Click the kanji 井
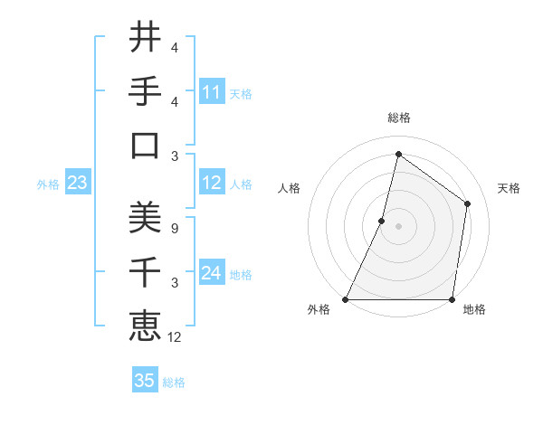(x=145, y=39)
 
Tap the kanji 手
(x=145, y=92)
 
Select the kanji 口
(x=145, y=146)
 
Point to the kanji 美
(x=145, y=217)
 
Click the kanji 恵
(x=145, y=324)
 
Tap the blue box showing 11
(x=212, y=92)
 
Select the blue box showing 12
(x=212, y=184)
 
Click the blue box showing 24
(x=212, y=273)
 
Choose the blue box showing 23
(x=77, y=184)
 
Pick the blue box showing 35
(x=145, y=381)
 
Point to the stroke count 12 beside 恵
(x=176, y=337)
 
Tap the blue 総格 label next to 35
(x=175, y=382)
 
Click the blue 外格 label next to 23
(x=48, y=184)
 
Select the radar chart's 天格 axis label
(x=509, y=188)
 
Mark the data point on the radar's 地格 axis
(x=452, y=299)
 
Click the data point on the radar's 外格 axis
(x=346, y=299)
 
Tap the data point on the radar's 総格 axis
(x=398, y=154)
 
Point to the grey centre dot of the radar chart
(x=398, y=226)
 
